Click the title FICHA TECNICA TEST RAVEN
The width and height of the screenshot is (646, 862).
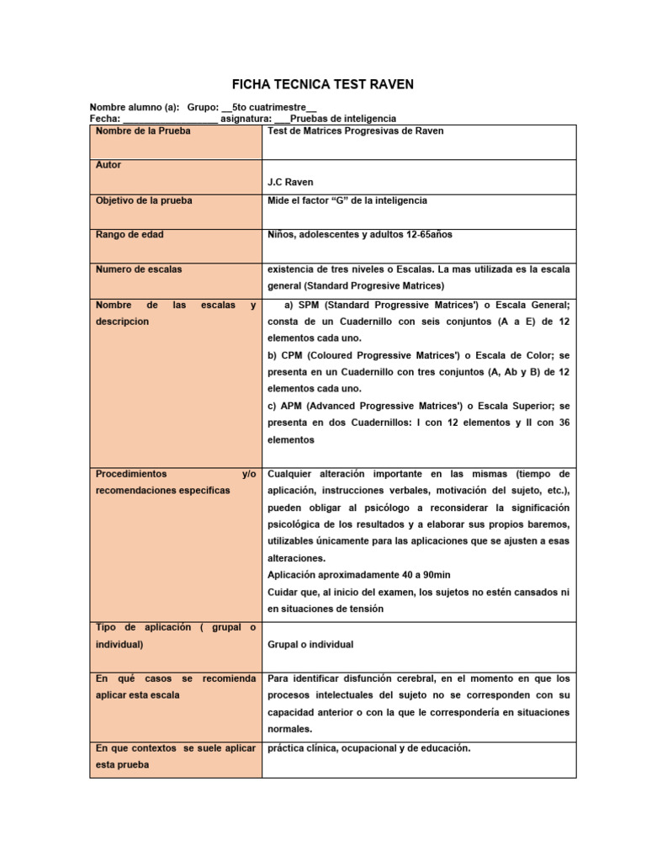pyautogui.click(x=323, y=85)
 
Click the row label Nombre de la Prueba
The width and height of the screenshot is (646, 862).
pyautogui.click(x=143, y=131)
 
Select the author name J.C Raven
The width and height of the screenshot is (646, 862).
pyautogui.click(x=289, y=182)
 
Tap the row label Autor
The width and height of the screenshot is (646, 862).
pyautogui.click(x=109, y=165)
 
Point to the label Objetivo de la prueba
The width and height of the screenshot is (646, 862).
pyautogui.click(x=144, y=200)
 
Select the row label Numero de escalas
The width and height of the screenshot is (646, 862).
pyautogui.click(x=139, y=269)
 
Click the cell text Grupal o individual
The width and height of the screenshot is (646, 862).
pyautogui.click(x=310, y=645)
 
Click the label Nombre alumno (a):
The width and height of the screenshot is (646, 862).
pyautogui.click(x=135, y=108)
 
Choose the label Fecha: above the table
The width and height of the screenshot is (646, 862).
pyautogui.click(x=104, y=120)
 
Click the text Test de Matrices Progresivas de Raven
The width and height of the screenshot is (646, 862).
pyautogui.click(x=355, y=131)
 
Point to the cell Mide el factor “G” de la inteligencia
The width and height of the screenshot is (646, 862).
pyautogui.click(x=347, y=200)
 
